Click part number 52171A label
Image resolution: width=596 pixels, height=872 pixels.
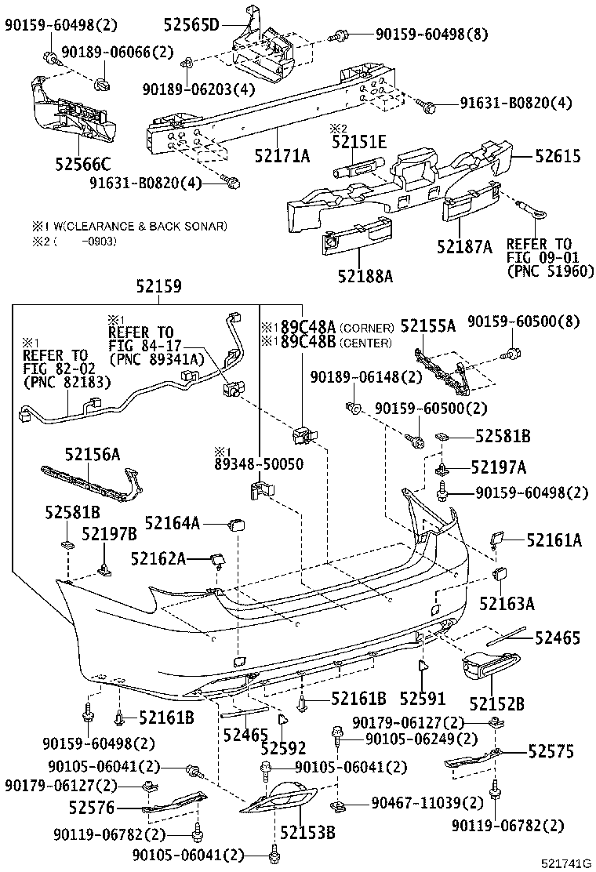click(x=282, y=155)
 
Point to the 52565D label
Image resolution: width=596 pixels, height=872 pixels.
click(x=191, y=25)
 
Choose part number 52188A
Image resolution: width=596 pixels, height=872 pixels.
click(x=366, y=275)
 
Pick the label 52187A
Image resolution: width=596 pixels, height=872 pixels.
click(x=465, y=248)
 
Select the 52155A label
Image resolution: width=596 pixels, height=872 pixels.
click(x=428, y=325)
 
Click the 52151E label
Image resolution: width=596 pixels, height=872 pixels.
click(x=359, y=142)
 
